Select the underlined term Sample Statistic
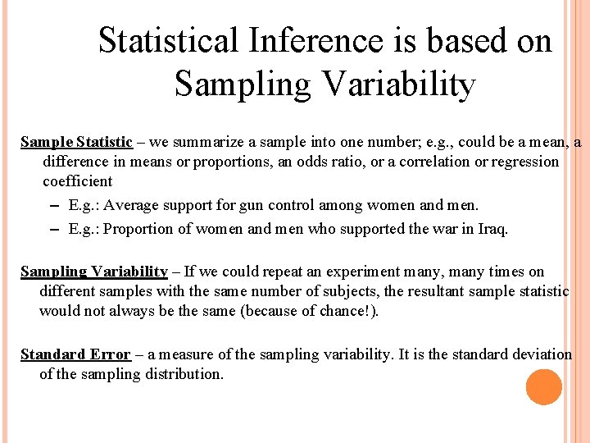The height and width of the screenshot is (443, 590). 76,142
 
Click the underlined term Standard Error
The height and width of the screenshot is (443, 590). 75,354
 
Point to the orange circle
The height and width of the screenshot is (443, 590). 543,387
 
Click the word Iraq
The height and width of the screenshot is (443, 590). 491,229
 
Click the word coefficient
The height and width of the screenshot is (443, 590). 77,181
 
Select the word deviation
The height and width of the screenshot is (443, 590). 538,354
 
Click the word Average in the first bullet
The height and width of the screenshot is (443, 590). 133,204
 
